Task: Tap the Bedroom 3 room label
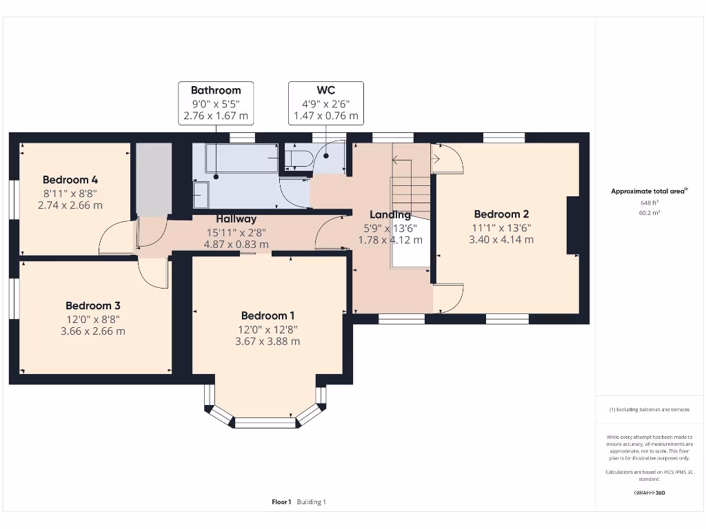93,305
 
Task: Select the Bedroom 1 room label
268,315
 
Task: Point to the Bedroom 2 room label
501,214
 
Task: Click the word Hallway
236,219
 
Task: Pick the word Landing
390,214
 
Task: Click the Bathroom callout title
216,90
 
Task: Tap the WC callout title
326,90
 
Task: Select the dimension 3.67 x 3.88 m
268,341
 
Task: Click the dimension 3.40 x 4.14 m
501,240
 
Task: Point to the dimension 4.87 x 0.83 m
236,245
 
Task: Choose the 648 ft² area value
649,203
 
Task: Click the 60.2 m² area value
649,214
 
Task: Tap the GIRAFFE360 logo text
649,492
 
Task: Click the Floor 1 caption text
281,502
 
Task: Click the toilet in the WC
295,159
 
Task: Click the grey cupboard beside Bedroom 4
152,179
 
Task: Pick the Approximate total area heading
649,191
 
